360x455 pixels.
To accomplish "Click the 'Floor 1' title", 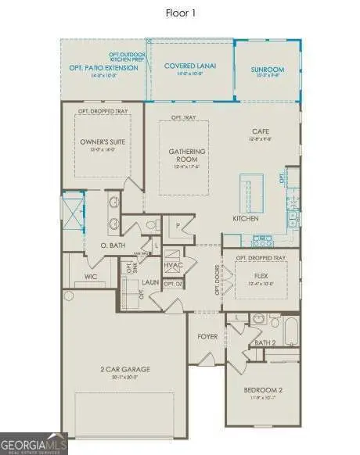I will [179, 13].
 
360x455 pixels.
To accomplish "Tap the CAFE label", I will [261, 131].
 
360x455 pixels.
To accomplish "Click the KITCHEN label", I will [245, 219].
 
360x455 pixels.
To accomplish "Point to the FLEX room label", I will [261, 275].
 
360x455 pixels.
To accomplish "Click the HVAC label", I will [173, 265].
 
